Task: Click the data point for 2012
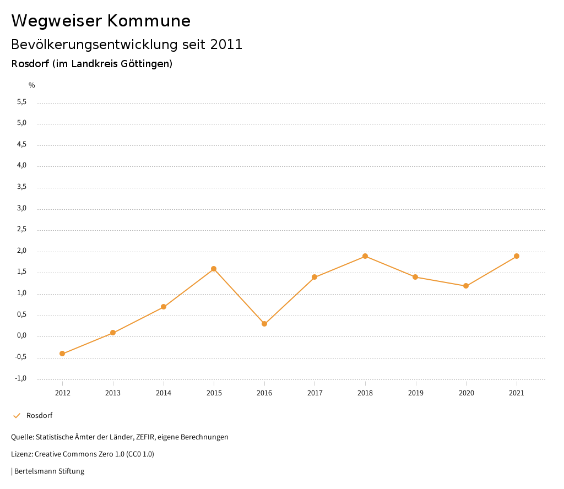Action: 62,354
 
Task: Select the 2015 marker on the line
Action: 214,269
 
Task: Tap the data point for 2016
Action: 264,324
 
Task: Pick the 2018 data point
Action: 365,256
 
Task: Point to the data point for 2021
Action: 517,256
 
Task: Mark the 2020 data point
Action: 466,286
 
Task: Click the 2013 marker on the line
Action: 113,333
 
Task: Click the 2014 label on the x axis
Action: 164,393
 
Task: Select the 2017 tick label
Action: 314,393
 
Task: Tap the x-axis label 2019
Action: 416,393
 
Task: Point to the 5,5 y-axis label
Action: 22,102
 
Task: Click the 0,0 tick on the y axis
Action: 22,336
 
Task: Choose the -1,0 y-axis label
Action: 21,378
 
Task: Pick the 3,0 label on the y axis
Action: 22,209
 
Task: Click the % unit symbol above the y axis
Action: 32,85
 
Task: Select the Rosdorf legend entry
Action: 39,416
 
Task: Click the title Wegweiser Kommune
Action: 101,21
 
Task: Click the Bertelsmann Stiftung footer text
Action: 49,471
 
